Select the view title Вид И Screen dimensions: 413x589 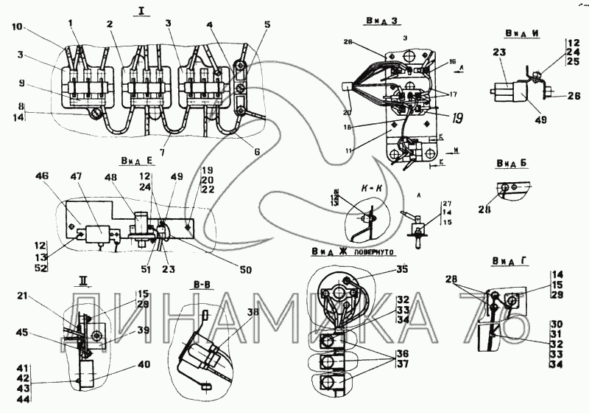click(522, 33)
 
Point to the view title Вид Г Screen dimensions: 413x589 click(507, 262)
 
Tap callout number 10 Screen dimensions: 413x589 click(17, 27)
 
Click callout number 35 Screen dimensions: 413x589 click(402, 268)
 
